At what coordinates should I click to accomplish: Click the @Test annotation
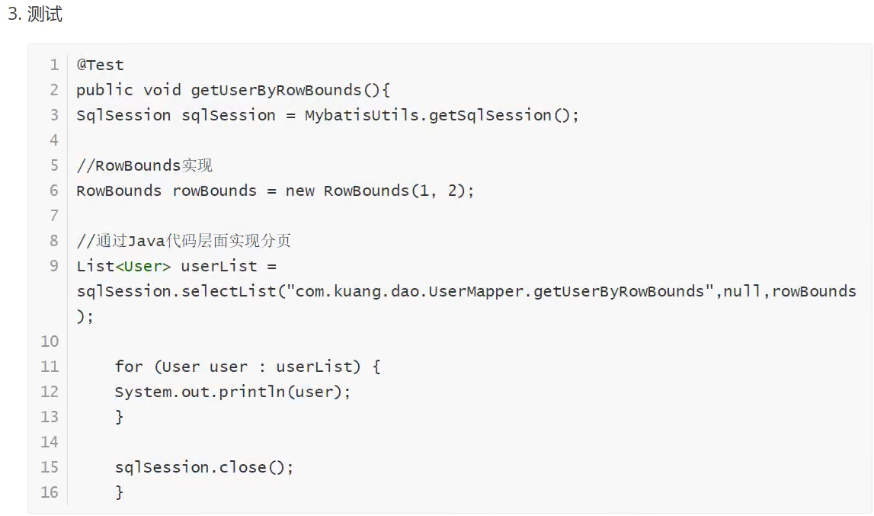(100, 65)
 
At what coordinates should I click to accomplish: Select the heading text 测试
(44, 14)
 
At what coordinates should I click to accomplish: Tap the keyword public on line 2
(104, 90)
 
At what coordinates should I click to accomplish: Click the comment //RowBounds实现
(144, 165)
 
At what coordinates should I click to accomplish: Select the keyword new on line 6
(299, 191)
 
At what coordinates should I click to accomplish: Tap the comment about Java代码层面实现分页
(184, 241)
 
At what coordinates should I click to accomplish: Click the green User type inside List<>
(142, 266)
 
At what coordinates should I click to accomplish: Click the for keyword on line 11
(129, 367)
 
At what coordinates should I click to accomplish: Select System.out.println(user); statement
(233, 392)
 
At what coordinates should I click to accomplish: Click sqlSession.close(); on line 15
(203, 467)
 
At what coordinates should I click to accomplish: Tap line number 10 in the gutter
(50, 341)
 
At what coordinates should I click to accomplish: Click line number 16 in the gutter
(50, 492)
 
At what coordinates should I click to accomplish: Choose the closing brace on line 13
(120, 417)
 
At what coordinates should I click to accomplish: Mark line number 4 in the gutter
(53, 140)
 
